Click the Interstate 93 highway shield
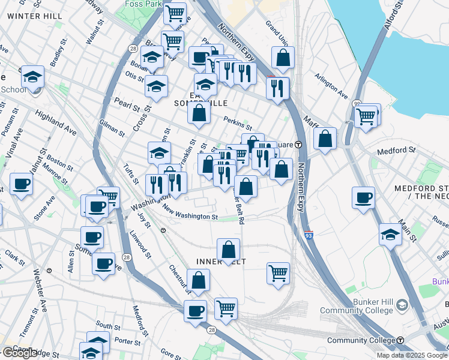coord(309,236)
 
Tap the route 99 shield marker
coord(357,103)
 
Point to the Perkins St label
coord(238,123)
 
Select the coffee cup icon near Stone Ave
coord(21,184)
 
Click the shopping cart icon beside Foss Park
coord(175,12)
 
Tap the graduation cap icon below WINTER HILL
coord(32,76)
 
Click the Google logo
coord(19,353)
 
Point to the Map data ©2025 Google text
coord(412,355)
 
